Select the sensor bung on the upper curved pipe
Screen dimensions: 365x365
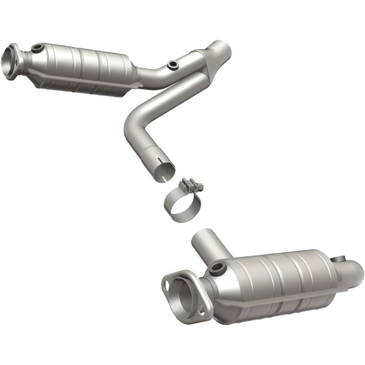click(x=172, y=65)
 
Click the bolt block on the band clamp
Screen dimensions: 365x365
click(x=191, y=185)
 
